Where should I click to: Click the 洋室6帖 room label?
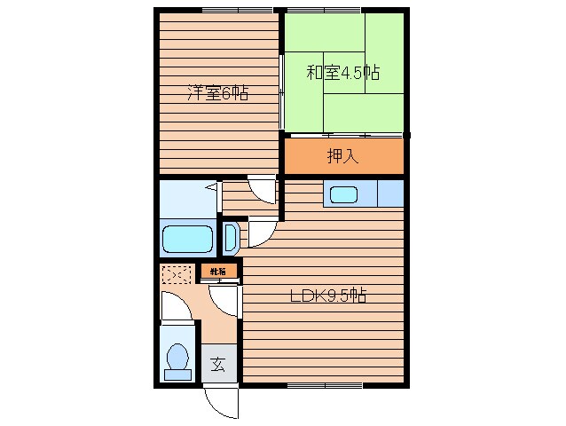(216, 92)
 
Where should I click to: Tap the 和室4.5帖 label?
(343, 73)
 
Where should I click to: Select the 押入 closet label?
(342, 157)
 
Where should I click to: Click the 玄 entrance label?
(217, 364)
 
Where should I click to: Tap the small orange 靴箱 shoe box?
(218, 271)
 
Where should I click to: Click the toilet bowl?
(178, 360)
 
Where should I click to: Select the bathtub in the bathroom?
(188, 240)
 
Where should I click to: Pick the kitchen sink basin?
(342, 193)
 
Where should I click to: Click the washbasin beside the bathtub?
(229, 238)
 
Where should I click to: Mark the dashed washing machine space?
(176, 276)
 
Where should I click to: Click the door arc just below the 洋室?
(263, 191)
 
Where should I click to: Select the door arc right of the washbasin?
(261, 233)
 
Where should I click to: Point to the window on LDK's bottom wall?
(325, 385)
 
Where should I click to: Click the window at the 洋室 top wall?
(237, 10)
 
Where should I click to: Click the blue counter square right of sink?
(389, 193)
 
